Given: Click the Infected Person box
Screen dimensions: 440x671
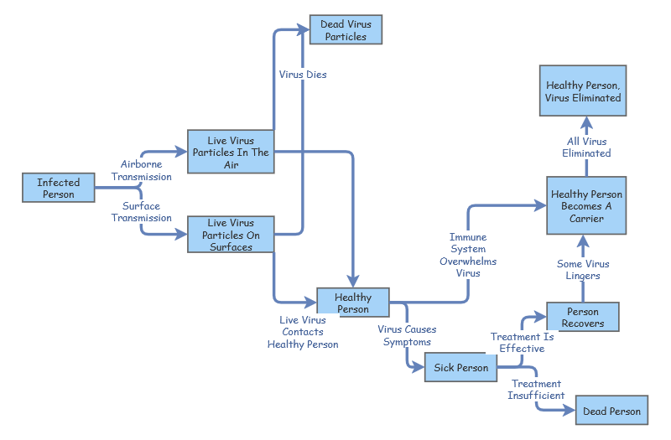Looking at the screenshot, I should click(x=58, y=188).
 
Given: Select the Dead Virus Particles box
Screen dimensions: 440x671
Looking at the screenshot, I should click(x=346, y=30).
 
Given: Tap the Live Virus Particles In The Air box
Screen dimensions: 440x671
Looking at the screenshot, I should click(x=231, y=152).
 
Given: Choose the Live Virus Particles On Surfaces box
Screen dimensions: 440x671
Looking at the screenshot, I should click(x=230, y=236).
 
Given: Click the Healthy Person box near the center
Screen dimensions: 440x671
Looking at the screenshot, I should click(x=353, y=303).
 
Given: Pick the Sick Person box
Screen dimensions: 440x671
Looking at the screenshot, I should click(x=460, y=368).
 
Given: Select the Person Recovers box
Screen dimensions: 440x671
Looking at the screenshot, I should click(x=583, y=317).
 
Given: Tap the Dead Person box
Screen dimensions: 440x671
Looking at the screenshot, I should click(x=612, y=411).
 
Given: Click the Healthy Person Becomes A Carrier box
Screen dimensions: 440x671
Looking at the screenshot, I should click(x=586, y=205).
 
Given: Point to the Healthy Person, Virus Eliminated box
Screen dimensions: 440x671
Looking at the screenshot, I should click(x=584, y=91).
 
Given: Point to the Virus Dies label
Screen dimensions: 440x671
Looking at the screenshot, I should click(x=303, y=75).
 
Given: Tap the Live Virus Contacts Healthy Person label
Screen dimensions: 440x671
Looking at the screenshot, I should click(x=303, y=332).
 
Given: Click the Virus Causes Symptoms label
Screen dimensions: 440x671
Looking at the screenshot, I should click(x=407, y=335).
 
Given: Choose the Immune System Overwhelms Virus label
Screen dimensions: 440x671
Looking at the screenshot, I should click(x=468, y=255).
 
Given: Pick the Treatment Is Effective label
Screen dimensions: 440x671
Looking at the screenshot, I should click(x=523, y=342).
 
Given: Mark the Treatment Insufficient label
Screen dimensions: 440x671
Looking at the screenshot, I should click(x=536, y=390).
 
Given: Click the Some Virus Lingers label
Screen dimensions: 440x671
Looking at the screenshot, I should click(x=583, y=270).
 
